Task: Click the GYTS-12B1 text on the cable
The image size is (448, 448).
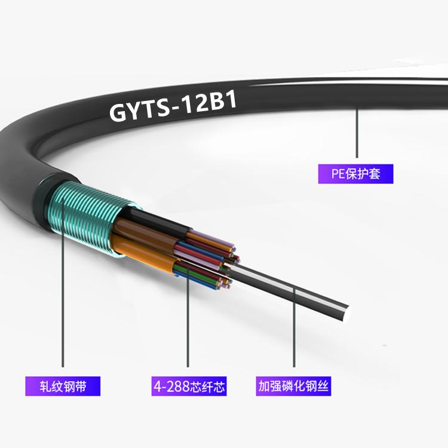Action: tap(173, 106)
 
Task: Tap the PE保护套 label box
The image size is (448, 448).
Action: tap(356, 174)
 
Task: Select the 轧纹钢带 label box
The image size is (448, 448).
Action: tap(63, 386)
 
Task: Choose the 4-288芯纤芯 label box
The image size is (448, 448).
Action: tap(189, 386)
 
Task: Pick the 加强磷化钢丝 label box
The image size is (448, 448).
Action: tap(293, 386)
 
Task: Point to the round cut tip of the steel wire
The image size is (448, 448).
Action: tap(347, 314)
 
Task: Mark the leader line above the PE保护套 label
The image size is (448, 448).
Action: tap(357, 133)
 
